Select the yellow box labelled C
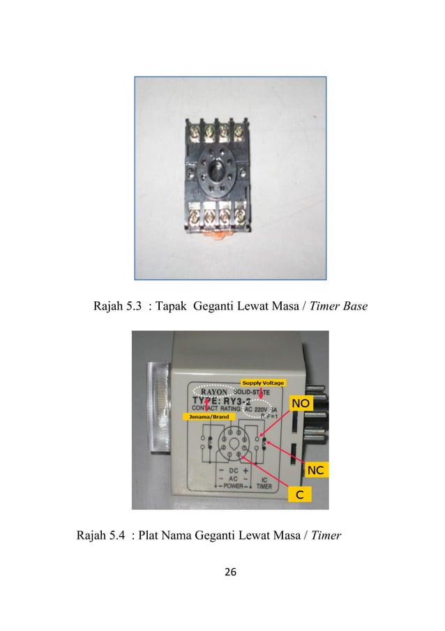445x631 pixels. [300, 494]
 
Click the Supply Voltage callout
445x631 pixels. [262, 383]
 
